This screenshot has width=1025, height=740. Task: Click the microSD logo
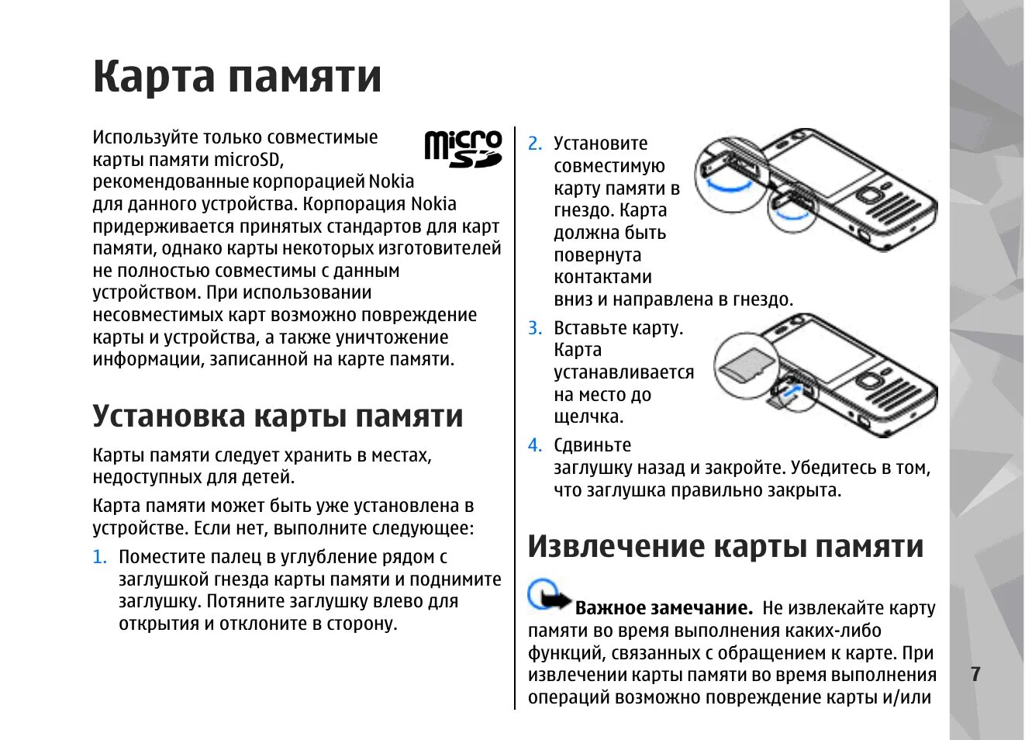[463, 149]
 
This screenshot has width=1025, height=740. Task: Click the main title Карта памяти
[237, 76]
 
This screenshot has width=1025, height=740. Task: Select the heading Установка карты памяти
[278, 416]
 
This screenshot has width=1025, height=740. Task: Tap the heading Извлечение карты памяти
[726, 546]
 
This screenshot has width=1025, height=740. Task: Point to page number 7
[975, 674]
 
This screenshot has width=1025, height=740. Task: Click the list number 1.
[98, 557]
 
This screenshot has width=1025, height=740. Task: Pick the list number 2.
[534, 144]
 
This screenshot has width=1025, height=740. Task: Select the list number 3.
[534, 328]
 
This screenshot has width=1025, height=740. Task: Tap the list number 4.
[534, 445]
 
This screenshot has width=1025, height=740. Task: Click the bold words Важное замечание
[664, 608]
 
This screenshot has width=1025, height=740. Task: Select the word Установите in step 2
[600, 144]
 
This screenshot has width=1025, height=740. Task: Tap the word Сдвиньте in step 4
[592, 445]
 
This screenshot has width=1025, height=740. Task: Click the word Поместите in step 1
[162, 557]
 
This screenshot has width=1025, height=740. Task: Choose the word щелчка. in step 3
[588, 417]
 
